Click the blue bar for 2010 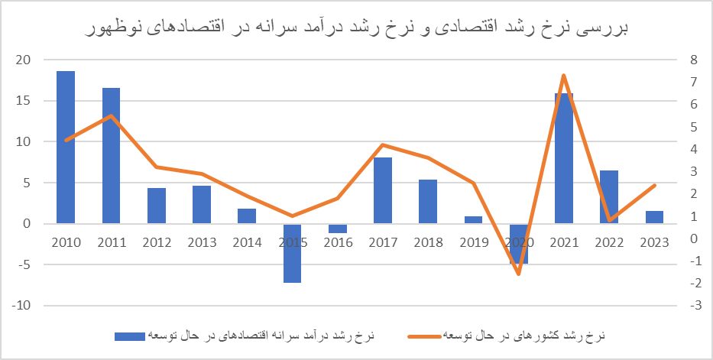(x=66, y=147)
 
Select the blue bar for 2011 (x=111, y=156)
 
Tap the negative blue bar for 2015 (x=292, y=253)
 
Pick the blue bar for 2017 (x=383, y=190)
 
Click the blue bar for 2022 (x=609, y=196)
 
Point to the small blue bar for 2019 (x=473, y=220)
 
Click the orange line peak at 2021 (x=563, y=75)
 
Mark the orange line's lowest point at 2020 (x=518, y=274)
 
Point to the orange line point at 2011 (x=111, y=115)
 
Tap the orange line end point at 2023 (x=654, y=185)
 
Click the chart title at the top (x=356, y=29)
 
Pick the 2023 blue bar (x=654, y=217)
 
